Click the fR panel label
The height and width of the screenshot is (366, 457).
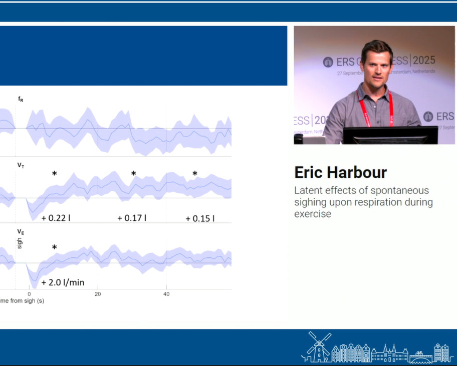pos(21,100)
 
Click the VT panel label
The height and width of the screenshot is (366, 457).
pos(21,165)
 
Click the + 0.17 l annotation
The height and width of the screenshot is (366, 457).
pos(132,218)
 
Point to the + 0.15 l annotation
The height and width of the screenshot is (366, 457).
pos(200,218)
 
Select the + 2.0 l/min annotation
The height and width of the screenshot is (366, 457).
pos(63,282)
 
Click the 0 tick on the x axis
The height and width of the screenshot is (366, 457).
pos(29,294)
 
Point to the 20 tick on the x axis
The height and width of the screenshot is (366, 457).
pos(98,294)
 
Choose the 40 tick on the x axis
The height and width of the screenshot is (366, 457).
pos(166,294)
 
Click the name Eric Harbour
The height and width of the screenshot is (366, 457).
pos(340,173)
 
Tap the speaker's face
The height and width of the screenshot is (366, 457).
pos(376,65)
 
